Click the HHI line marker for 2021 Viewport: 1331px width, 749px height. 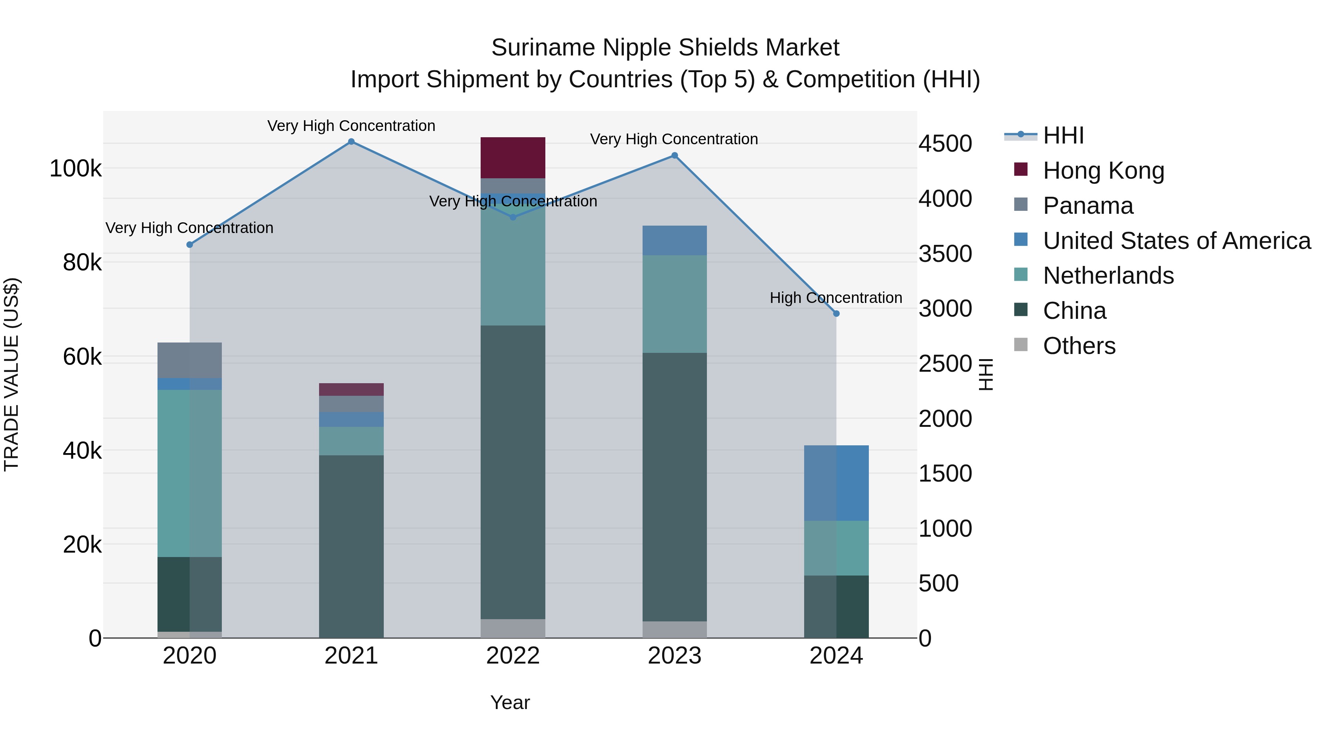point(351,142)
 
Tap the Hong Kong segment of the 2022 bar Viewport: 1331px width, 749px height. point(512,158)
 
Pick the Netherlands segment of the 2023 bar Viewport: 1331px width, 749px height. point(674,304)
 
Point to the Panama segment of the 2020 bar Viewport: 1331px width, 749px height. point(190,360)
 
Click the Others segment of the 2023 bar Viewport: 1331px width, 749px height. point(674,629)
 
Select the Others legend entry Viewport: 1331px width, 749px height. point(1079,346)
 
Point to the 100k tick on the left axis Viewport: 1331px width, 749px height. point(75,169)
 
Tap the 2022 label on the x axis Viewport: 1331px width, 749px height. point(512,656)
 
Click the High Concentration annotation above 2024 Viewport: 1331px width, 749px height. point(836,298)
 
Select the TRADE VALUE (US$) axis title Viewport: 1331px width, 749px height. point(11,374)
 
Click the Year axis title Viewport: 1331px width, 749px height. point(509,702)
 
